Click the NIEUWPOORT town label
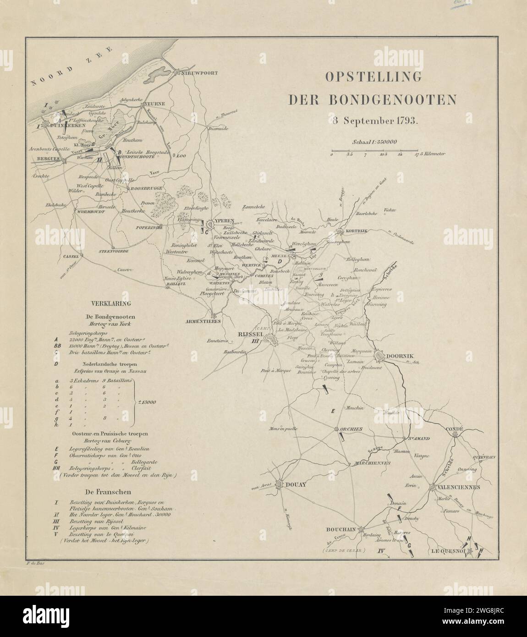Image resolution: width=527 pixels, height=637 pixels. (x=198, y=73)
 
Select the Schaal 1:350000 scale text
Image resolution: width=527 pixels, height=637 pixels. (x=374, y=143)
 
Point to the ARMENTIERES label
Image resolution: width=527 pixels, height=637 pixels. (x=213, y=321)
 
